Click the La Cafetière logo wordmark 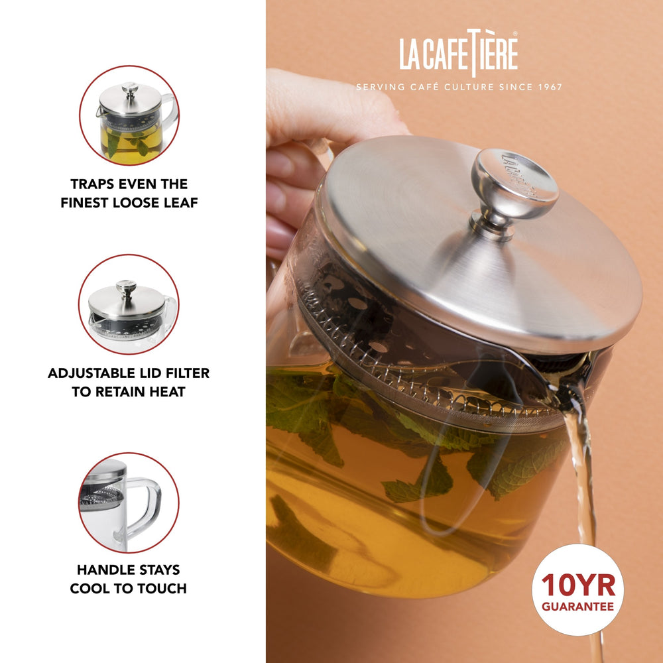coord(458,54)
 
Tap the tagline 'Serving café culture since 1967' coord(459,87)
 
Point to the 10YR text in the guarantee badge coord(577,585)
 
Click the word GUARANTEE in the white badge coord(577,606)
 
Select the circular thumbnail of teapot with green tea coord(129,115)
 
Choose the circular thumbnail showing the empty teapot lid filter coord(129,304)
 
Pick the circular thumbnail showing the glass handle coord(129,503)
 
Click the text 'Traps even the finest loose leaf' coord(129,193)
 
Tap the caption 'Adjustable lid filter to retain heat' coord(129,382)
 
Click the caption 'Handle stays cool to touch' coord(129,579)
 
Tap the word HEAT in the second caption coord(166,391)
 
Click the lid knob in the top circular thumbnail coord(130,88)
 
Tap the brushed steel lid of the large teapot coord(424,239)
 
